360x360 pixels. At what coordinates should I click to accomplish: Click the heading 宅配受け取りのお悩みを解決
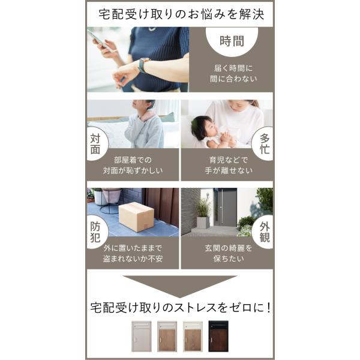point(181,14)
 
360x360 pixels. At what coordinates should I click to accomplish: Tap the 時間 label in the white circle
point(232,41)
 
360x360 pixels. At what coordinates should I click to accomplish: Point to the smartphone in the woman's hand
point(99,40)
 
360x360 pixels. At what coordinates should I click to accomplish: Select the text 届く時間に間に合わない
point(233,73)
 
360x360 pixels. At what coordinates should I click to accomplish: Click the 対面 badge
point(95,144)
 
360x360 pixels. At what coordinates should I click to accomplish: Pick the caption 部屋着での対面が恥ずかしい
point(133,165)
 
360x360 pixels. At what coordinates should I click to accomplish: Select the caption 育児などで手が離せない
point(229,165)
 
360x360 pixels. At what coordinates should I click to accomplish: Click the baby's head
point(202,127)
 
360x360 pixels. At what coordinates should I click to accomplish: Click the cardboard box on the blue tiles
point(136,217)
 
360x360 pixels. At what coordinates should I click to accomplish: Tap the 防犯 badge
point(95,232)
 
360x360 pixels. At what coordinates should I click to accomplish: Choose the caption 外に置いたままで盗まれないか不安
point(133,253)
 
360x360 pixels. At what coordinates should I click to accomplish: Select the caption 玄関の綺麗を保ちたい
point(229,253)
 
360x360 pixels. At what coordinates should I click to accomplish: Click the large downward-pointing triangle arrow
point(180,285)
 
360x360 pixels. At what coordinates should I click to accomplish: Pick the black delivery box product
point(218,336)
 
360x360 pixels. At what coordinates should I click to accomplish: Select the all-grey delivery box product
point(142,336)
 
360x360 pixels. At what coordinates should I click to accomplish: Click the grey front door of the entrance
point(226,207)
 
